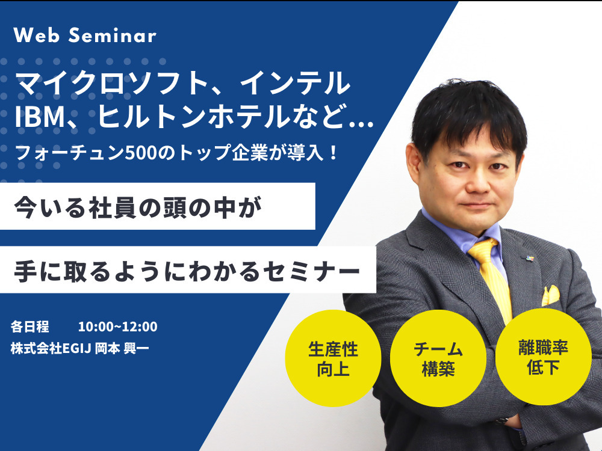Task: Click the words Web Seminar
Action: click(85, 35)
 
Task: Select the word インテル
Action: click(294, 82)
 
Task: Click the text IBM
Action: click(39, 116)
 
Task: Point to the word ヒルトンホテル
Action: click(193, 116)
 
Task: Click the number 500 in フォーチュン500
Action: click(140, 153)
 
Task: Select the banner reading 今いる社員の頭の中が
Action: click(157, 206)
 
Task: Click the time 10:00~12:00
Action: click(117, 327)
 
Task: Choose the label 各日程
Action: click(30, 327)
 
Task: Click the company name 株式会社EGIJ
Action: click(51, 348)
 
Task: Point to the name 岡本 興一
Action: click(122, 348)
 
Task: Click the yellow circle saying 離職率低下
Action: click(543, 357)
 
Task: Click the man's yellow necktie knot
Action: click(483, 250)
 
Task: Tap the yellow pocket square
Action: click(551, 295)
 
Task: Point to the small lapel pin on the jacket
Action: click(530, 258)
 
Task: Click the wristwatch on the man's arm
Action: click(501, 421)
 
